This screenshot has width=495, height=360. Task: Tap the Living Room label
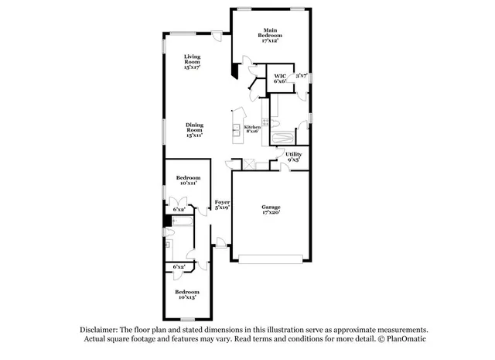(x=192, y=62)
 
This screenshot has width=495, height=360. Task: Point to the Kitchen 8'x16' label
(x=252, y=129)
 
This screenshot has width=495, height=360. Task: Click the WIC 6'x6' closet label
(x=280, y=78)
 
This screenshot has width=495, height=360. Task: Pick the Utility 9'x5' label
(x=294, y=157)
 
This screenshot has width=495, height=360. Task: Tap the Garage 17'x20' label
(x=270, y=210)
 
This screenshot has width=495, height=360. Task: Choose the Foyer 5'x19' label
(x=222, y=204)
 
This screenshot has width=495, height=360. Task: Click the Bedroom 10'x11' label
(x=188, y=180)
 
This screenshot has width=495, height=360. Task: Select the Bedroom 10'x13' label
(x=188, y=294)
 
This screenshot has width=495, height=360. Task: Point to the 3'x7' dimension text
(x=302, y=76)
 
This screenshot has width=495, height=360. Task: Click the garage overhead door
(x=270, y=258)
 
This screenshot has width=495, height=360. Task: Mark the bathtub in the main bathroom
(x=282, y=139)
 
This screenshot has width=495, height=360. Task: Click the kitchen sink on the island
(x=236, y=128)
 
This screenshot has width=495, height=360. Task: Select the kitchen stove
(x=265, y=122)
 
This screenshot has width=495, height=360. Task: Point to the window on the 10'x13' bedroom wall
(x=187, y=319)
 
